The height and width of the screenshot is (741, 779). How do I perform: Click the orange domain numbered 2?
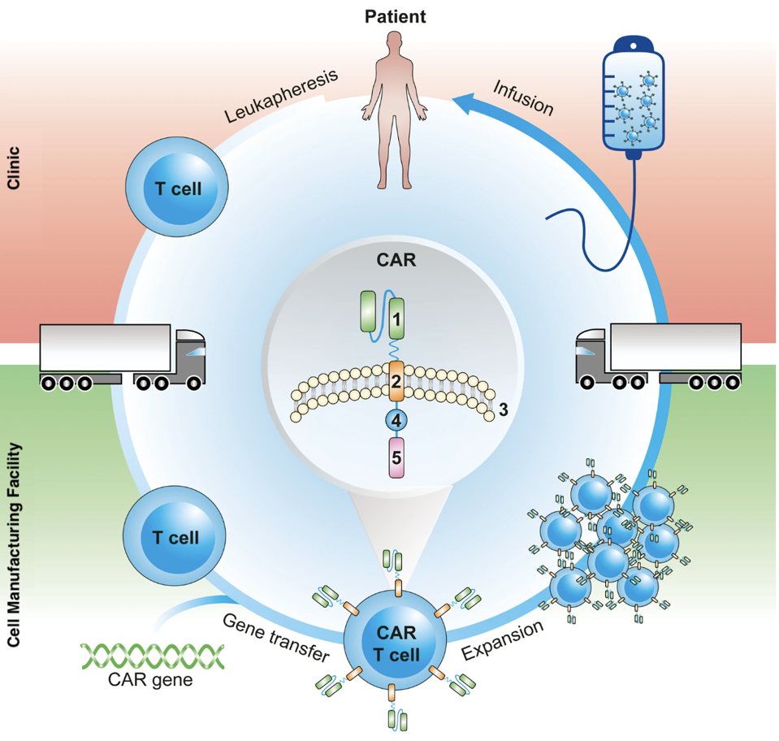click(x=396, y=382)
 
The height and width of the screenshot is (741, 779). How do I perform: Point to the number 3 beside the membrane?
click(x=504, y=410)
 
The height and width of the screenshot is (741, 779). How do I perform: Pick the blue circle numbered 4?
click(x=396, y=421)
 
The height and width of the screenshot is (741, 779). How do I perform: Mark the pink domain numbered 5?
click(x=396, y=457)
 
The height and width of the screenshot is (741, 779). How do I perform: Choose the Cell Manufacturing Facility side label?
click(x=15, y=544)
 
